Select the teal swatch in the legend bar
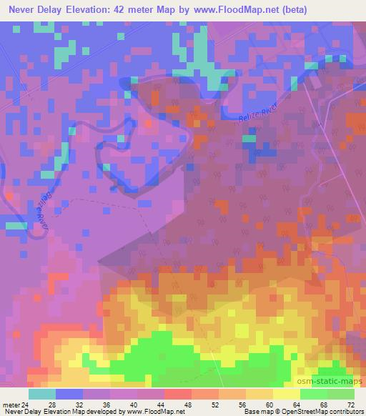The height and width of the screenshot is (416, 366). tap(41, 393)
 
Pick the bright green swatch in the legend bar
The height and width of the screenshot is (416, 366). tap(314, 393)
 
